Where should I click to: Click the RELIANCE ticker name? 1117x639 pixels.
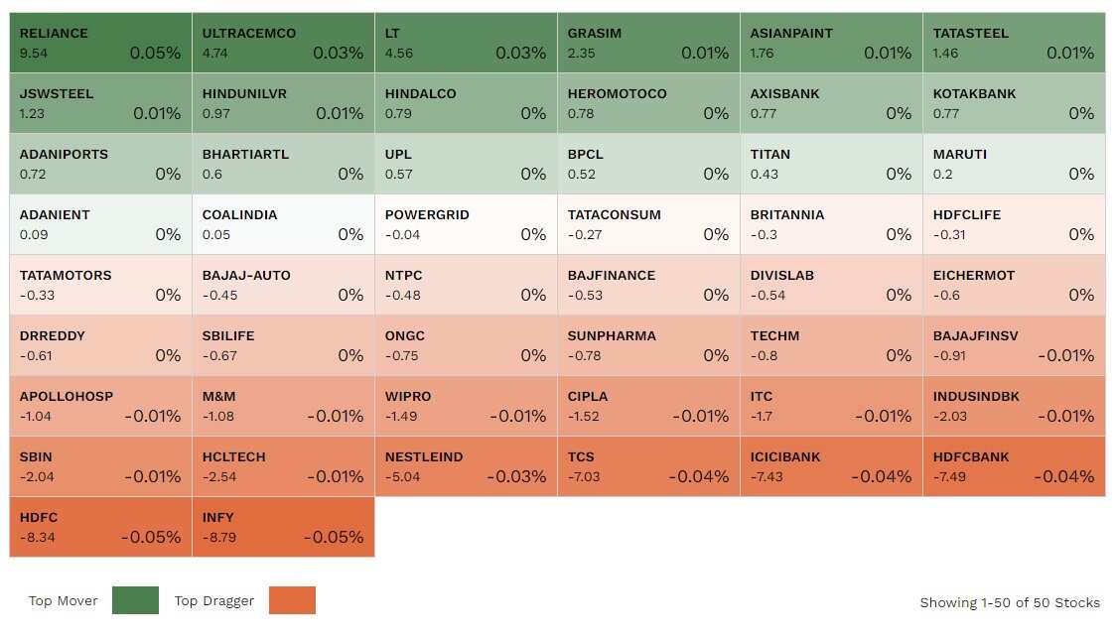[54, 33]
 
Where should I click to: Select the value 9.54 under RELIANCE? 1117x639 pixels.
[32, 53]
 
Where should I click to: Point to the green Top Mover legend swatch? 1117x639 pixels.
[135, 600]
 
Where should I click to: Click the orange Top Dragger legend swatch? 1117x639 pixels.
[292, 600]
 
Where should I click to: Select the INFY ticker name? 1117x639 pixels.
[217, 517]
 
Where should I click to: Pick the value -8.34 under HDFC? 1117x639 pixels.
[36, 537]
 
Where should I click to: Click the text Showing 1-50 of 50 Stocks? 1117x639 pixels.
[1010, 602]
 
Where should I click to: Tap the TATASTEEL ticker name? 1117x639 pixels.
[970, 33]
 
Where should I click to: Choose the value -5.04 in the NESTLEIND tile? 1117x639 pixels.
[402, 476]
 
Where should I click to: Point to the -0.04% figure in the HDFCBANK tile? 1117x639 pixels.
[1064, 476]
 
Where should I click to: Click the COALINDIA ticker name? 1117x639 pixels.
[239, 214]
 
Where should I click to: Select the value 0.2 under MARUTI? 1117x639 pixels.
[942, 174]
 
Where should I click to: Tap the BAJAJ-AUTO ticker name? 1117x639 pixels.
[246, 275]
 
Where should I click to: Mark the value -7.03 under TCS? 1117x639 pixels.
[585, 476]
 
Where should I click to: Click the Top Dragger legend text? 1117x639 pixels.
[214, 600]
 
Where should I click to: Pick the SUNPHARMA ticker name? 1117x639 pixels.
[612, 335]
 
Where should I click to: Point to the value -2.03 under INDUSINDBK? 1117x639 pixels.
[950, 416]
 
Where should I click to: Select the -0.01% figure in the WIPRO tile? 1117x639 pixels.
[517, 416]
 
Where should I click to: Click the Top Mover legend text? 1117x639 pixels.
[64, 600]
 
